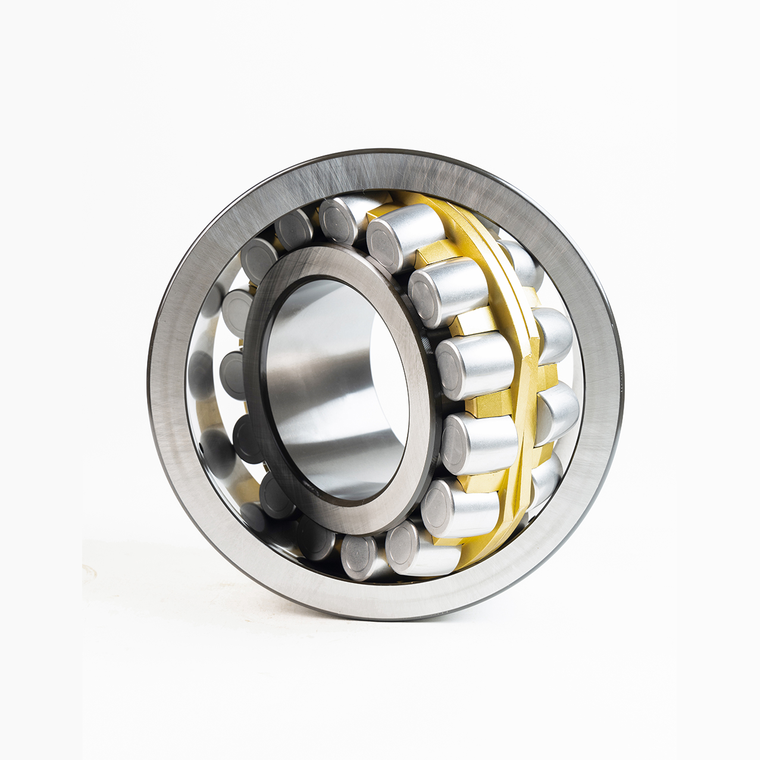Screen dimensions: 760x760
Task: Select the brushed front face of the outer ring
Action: pyautogui.click(x=173, y=417)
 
